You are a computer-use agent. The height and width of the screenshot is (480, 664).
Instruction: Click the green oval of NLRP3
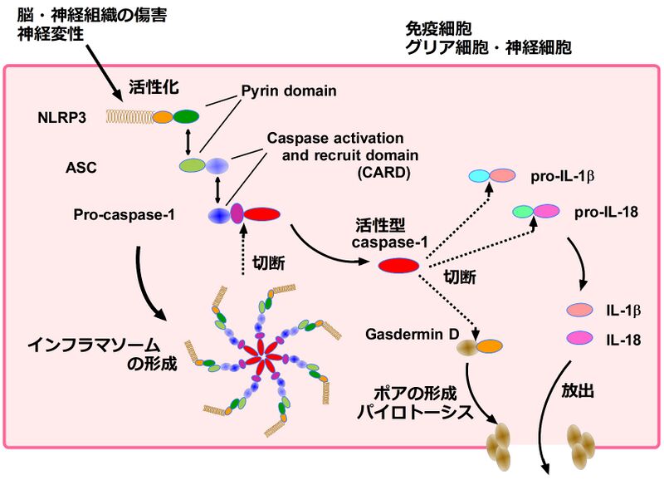(187, 117)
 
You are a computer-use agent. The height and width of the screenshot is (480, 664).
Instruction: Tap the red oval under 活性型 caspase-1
(398, 266)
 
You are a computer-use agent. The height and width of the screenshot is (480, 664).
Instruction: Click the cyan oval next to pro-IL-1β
(479, 176)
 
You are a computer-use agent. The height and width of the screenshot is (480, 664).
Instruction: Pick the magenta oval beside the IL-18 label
(579, 337)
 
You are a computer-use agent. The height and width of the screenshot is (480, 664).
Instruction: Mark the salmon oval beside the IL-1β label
(579, 310)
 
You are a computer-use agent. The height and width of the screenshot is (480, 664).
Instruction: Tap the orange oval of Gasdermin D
(488, 345)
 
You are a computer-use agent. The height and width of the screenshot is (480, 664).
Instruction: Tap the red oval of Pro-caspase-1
(261, 215)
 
